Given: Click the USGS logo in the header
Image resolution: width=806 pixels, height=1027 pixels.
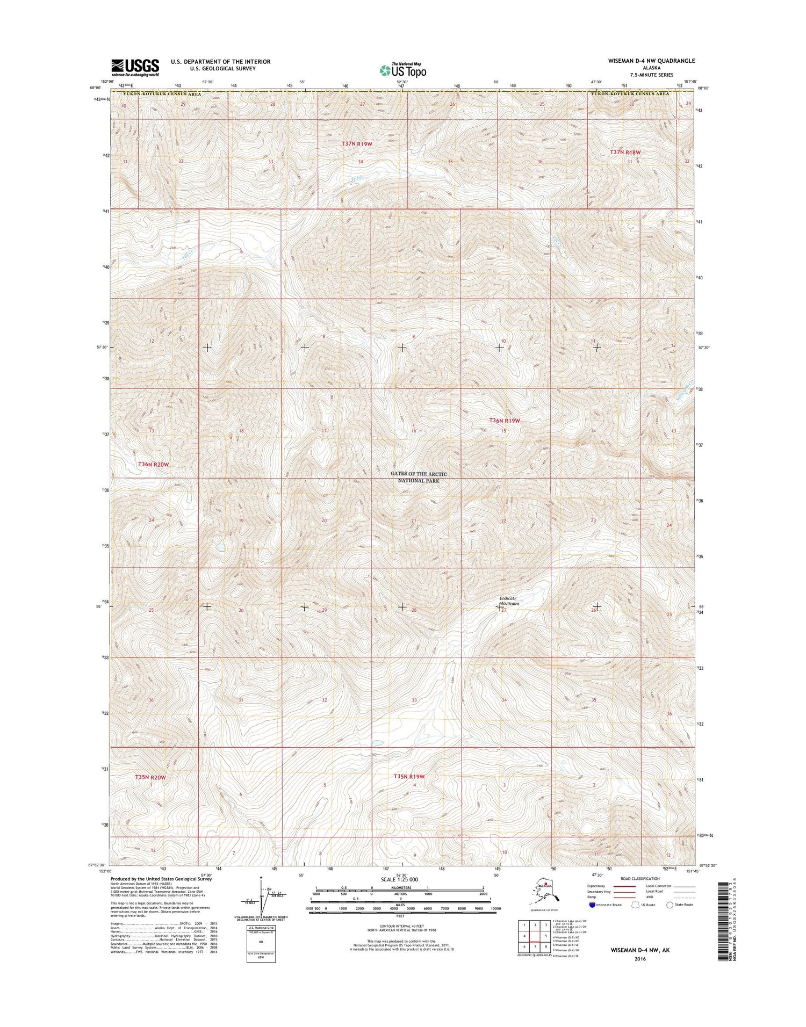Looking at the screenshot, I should pos(135,68).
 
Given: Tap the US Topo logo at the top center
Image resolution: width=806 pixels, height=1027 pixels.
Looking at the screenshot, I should pos(403,70).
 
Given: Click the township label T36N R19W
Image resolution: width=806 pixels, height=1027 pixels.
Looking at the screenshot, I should pos(505,421).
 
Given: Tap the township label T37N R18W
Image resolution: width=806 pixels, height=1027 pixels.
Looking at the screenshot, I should pos(625,153).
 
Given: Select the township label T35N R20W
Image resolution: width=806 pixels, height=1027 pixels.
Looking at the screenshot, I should pos(150,777).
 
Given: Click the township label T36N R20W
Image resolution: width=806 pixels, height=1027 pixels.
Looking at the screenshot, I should pos(154,464).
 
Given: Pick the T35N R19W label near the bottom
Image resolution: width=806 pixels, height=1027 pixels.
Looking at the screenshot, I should pos(409,777).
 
